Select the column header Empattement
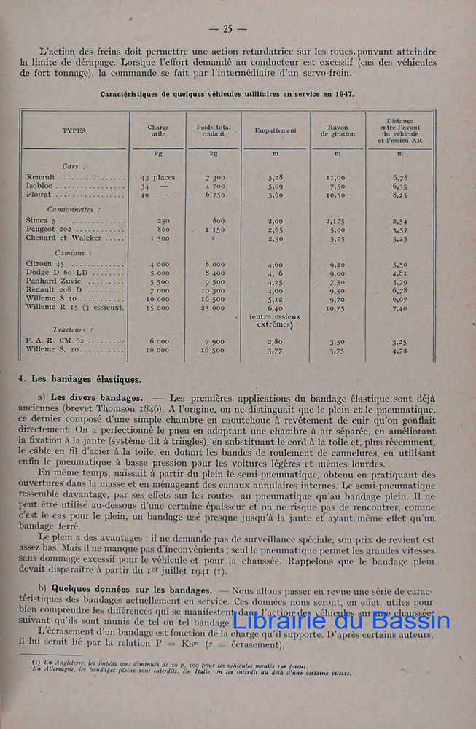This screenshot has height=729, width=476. coord(276,130)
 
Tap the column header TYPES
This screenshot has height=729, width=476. coord(74,130)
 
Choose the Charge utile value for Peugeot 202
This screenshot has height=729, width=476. coord(163,229)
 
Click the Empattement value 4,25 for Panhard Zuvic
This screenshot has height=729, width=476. coord(275,281)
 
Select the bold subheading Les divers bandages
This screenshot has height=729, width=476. coord(97,397)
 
